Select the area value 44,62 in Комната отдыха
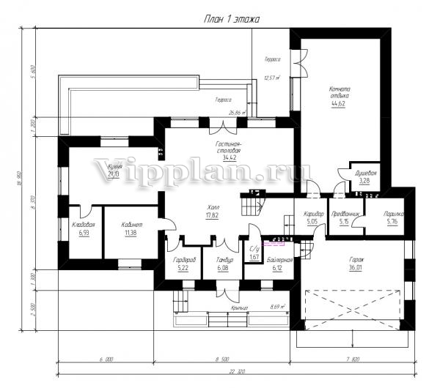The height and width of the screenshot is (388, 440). (339, 104)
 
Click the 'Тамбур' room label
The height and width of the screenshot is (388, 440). (224, 261)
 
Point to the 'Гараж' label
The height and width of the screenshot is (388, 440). (356, 260)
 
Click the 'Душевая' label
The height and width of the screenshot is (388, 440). (363, 173)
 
